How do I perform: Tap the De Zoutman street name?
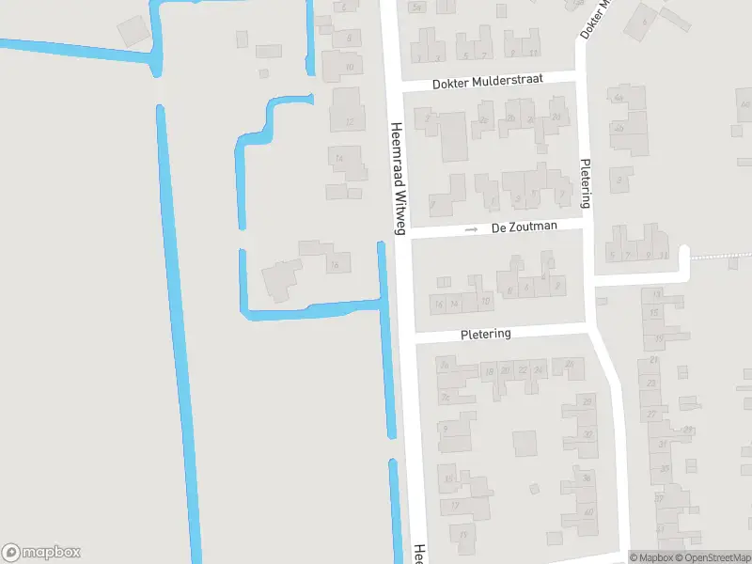click(x=524, y=227)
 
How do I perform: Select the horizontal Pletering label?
click(x=486, y=334)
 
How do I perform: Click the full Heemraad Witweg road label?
click(x=398, y=179)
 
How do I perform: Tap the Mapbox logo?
click(x=41, y=553)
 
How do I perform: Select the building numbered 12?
click(x=350, y=121)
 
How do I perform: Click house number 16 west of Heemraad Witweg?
click(x=333, y=266)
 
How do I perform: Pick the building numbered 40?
click(x=588, y=512)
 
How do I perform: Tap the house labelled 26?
click(x=567, y=364)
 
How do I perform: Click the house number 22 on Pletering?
click(x=523, y=370)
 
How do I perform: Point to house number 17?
click(x=455, y=505)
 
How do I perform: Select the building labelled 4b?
click(x=619, y=128)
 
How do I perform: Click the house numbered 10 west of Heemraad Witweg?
click(x=349, y=67)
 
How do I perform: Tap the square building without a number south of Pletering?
click(x=524, y=443)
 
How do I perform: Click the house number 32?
click(x=587, y=434)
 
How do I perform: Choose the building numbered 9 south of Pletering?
click(x=445, y=428)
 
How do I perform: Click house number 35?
click(x=665, y=467)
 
